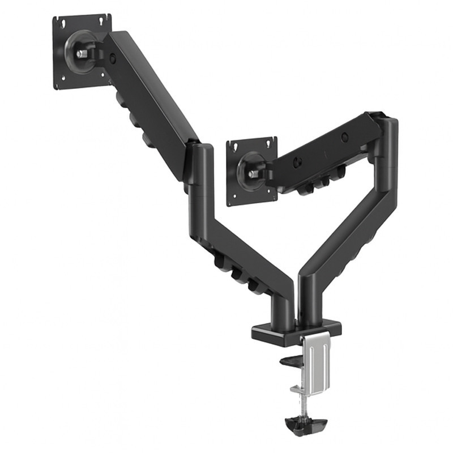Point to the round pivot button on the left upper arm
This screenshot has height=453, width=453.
point(114,57)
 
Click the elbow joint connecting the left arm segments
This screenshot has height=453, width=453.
point(199,164)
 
